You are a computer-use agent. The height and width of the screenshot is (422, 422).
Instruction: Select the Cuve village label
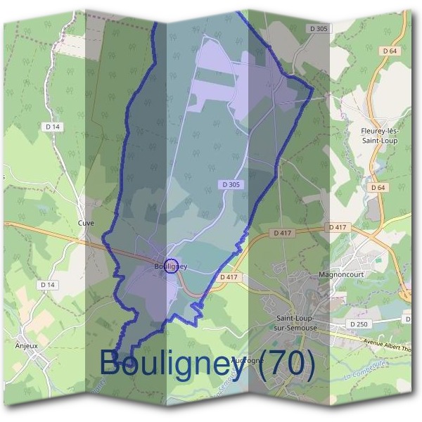86,223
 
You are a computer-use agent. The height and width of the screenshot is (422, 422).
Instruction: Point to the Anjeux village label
26,346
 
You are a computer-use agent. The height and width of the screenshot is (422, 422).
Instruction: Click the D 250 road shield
358,324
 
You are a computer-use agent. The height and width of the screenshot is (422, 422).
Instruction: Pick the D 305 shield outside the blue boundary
319,29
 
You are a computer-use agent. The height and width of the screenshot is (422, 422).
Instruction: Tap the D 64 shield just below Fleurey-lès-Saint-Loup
378,188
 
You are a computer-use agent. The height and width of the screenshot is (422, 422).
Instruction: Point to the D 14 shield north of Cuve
52,127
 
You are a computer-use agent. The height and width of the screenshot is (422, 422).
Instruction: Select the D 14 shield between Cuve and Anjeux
48,285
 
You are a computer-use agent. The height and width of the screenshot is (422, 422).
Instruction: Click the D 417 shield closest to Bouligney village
230,278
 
